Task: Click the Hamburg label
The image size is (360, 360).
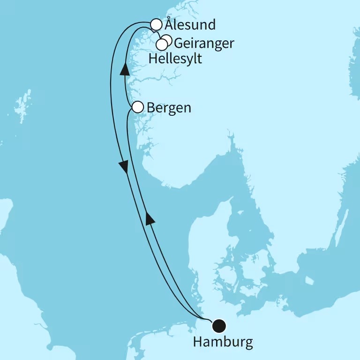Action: point(223,342)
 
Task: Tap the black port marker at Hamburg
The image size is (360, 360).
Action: point(219,325)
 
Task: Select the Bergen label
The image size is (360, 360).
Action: point(169,108)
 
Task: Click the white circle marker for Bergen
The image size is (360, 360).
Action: point(137,107)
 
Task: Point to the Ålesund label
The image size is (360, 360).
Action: point(190,24)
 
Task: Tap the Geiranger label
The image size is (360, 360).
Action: point(203,44)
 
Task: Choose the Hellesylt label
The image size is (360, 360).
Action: point(175,59)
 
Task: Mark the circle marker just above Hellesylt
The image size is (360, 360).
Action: point(161,45)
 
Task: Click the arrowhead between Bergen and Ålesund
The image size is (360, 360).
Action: point(125,70)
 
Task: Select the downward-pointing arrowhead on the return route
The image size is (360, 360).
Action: point(124,166)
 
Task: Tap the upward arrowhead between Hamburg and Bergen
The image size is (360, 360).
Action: point(150,218)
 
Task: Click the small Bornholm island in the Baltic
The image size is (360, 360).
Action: point(309,280)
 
